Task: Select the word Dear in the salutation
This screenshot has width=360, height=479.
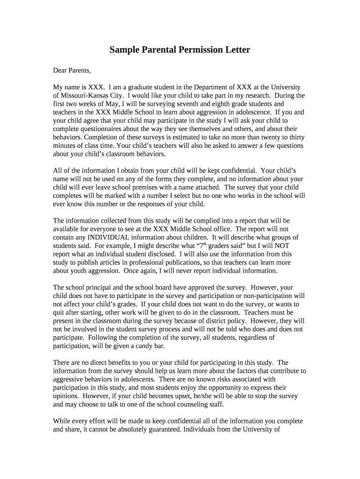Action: coord(61,71)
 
